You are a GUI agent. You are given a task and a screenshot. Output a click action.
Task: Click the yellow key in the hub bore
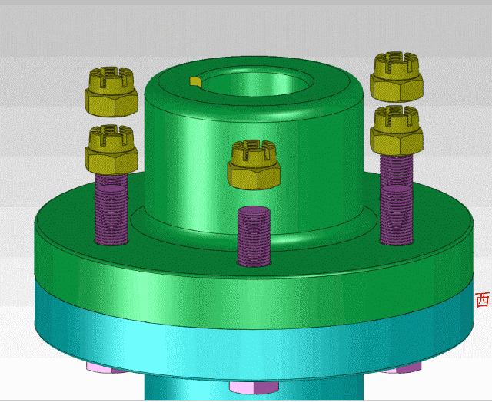coord(194,81)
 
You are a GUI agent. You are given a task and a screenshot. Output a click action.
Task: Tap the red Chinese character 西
coord(483,300)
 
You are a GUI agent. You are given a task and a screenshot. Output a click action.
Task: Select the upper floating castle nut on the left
coord(111,91)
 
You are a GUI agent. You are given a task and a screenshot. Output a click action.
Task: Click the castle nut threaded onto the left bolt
coord(111,150)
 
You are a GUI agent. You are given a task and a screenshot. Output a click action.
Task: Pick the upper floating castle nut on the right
coord(397,77)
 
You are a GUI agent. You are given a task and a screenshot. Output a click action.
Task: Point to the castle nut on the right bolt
coord(397,130)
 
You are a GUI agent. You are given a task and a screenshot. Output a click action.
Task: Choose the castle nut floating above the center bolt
coord(254,165)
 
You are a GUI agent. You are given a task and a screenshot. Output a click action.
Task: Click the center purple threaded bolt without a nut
coord(254,236)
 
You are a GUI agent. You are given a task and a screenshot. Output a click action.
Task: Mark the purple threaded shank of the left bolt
coord(111,209)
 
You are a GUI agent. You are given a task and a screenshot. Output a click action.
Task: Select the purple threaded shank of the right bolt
coord(397,199)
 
